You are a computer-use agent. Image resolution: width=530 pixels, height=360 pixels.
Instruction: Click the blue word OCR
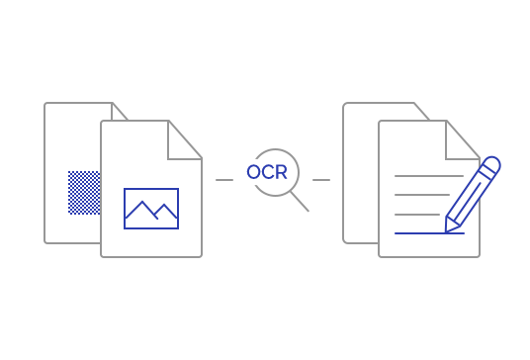(267, 172)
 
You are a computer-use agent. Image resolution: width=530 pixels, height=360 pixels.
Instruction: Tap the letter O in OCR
(254, 172)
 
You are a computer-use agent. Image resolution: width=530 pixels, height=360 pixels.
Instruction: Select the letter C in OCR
(267, 172)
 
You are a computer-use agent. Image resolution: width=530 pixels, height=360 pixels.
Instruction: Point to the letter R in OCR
(281, 172)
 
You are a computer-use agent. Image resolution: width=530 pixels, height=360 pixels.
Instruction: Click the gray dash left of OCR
(224, 179)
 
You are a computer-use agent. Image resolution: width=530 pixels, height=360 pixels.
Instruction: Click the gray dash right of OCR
(321, 179)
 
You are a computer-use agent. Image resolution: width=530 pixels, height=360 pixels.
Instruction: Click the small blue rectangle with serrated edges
(84, 193)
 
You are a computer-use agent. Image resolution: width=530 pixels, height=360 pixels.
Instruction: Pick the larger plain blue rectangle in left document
(151, 208)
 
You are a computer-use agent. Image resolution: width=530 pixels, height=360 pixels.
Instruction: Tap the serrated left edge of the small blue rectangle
(69, 193)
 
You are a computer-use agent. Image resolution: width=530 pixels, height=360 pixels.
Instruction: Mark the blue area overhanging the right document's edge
(492, 195)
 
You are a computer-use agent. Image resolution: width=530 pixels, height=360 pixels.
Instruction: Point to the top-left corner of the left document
(44, 102)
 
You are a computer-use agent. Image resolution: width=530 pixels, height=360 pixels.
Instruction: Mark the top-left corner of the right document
(343, 102)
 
